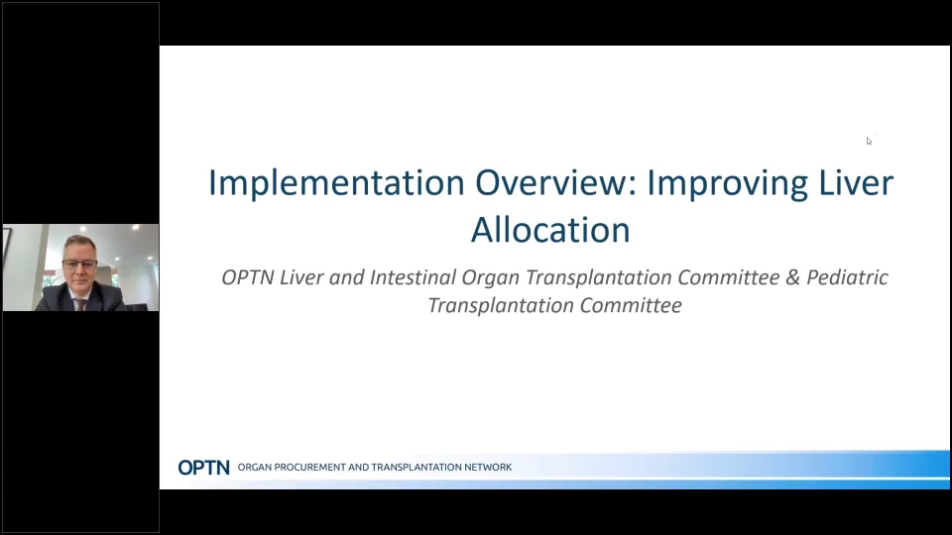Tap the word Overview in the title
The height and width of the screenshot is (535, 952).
tap(555, 182)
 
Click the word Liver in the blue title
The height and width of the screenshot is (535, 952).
tap(856, 182)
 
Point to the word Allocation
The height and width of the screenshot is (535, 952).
tap(550, 230)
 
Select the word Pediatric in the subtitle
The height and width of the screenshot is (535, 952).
tap(847, 277)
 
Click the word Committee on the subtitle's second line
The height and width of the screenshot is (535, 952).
tap(631, 305)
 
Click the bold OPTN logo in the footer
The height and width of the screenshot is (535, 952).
tap(204, 467)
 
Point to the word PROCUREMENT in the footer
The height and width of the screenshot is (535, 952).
tap(310, 467)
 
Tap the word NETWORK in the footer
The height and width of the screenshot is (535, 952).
tap(488, 467)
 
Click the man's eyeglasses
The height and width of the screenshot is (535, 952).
tap(79, 265)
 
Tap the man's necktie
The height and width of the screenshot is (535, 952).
tap(80, 304)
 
